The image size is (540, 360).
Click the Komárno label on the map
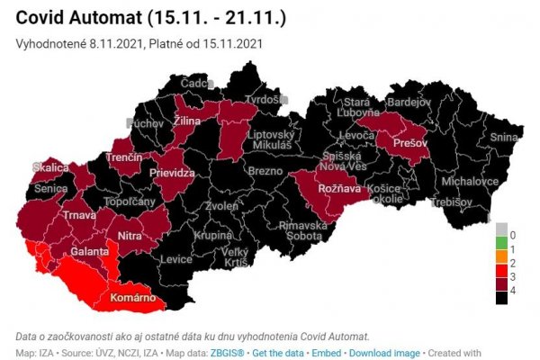(132, 297)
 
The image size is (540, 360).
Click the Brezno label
(266, 171)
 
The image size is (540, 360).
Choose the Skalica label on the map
(50, 168)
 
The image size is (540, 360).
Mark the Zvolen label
(221, 205)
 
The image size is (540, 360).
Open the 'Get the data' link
(280, 354)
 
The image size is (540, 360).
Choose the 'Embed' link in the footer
(327, 354)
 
